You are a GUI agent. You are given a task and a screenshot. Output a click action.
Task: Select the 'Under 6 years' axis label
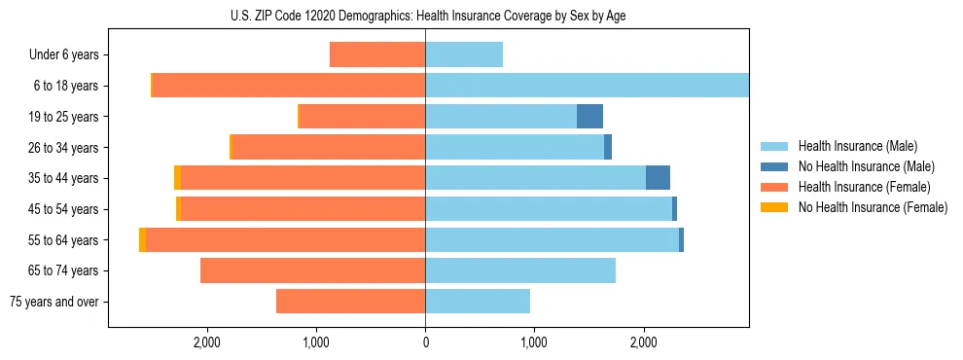(x=63, y=54)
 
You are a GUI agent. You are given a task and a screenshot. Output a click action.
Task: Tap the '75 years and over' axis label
(x=53, y=302)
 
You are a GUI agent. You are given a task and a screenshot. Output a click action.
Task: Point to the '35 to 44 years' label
(x=64, y=178)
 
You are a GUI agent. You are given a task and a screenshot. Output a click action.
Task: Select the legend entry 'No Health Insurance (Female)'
(x=873, y=207)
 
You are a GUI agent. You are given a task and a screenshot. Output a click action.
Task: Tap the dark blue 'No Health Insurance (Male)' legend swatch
(x=774, y=166)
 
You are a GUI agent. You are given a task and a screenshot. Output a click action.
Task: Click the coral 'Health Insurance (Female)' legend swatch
(x=774, y=187)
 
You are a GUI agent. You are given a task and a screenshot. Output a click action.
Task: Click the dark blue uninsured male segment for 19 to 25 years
(x=589, y=117)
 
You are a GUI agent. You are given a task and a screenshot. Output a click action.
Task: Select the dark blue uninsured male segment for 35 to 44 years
(x=658, y=178)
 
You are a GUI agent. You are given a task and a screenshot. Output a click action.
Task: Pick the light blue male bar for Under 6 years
(x=464, y=54)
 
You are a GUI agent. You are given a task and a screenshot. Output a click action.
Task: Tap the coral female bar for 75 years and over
(x=350, y=302)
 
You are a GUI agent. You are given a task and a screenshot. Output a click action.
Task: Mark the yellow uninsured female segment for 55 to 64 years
(x=142, y=239)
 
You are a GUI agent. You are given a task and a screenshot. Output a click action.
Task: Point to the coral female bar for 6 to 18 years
(x=289, y=86)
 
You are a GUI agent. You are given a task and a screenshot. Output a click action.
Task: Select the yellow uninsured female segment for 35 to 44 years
(x=177, y=178)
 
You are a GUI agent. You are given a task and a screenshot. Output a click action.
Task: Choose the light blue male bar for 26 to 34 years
(x=515, y=147)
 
